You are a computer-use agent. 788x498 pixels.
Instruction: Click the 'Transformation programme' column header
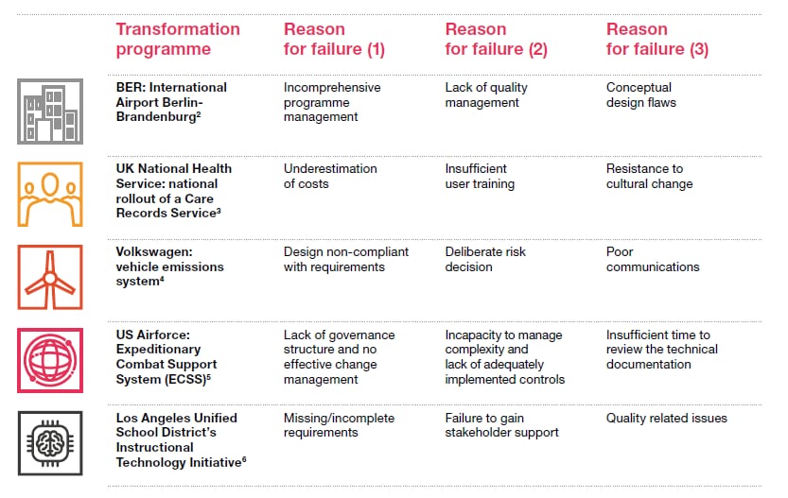tap(178, 39)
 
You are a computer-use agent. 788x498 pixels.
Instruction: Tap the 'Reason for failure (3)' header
tap(657, 39)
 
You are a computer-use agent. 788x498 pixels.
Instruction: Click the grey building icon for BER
tap(50, 112)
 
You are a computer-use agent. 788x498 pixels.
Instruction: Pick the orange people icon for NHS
tap(50, 194)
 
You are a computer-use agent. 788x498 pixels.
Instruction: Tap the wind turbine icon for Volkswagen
tap(50, 276)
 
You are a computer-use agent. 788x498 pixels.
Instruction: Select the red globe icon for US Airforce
tap(50, 358)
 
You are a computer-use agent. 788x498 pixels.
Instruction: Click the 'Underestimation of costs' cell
tap(330, 176)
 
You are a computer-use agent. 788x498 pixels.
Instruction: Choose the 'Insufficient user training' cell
tap(481, 176)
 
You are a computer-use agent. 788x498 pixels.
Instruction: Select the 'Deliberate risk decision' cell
tap(485, 259)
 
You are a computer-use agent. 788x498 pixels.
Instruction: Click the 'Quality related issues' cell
tap(667, 419)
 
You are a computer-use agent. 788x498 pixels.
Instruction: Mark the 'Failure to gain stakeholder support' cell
tap(501, 425)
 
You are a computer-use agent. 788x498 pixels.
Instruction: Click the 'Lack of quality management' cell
tap(486, 94)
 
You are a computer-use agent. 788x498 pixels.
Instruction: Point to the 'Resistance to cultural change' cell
tap(649, 176)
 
